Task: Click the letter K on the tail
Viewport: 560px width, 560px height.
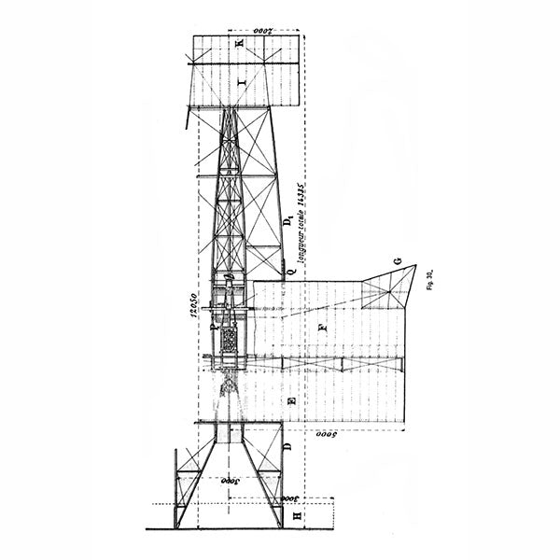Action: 239,45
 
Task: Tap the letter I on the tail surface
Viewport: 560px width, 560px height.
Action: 242,85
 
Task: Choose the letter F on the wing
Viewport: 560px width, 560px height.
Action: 322,328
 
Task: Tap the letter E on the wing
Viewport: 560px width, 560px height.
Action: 292,400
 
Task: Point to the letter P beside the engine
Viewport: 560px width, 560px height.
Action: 214,328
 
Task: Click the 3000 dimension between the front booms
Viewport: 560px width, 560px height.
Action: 227,483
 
